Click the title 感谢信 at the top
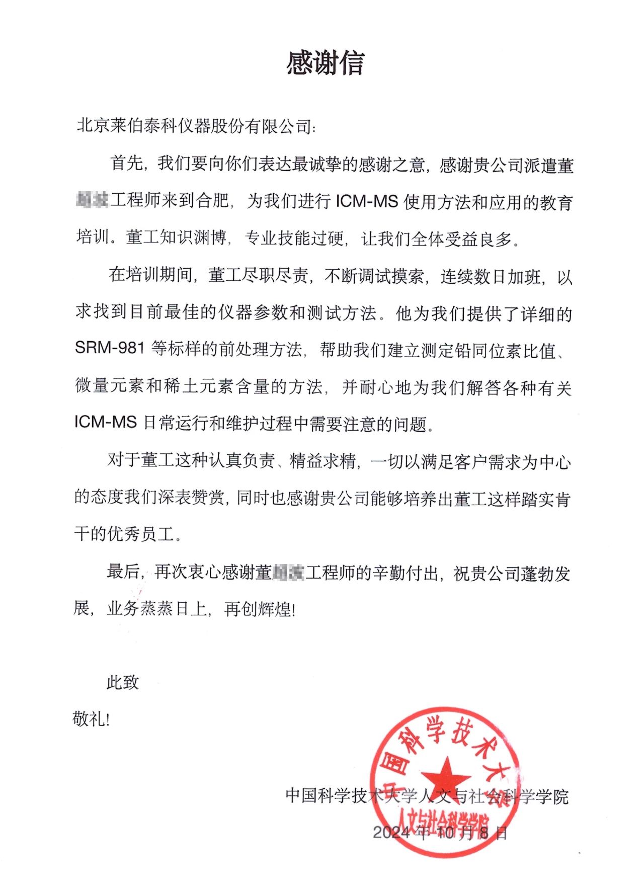click(x=325, y=63)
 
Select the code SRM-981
click(x=110, y=348)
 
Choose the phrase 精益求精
click(x=323, y=461)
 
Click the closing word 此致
click(x=122, y=682)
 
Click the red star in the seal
click(x=445, y=775)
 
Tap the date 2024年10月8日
click(x=440, y=833)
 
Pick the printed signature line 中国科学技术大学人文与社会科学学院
click(x=427, y=796)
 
